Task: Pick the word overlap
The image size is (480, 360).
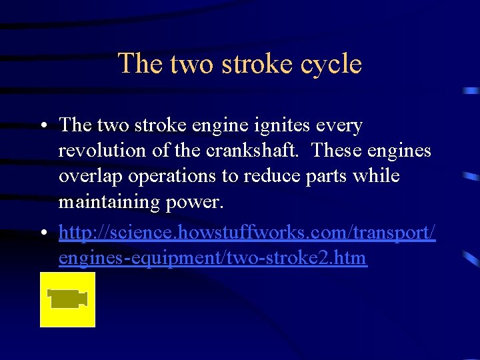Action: tap(87, 175)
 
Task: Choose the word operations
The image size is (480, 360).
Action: tap(171, 175)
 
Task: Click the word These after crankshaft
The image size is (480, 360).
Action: tap(336, 151)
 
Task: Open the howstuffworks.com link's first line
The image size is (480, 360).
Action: tap(247, 233)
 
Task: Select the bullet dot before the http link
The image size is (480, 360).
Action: tap(43, 233)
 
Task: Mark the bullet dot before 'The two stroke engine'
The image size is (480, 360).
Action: tap(43, 126)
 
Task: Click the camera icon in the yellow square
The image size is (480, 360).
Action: tap(67, 298)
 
